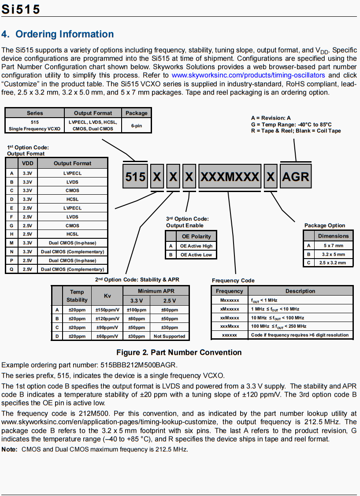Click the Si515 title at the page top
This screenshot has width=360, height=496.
21,9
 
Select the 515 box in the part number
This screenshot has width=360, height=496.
135,177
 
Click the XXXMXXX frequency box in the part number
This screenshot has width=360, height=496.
230,177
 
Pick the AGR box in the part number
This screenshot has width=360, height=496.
295,177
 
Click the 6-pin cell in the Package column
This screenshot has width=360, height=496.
137,125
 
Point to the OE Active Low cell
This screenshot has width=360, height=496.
196,255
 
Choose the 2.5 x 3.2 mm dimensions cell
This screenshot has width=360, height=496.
332,263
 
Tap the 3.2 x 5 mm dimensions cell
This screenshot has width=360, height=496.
332,254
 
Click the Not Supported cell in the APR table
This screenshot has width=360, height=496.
169,336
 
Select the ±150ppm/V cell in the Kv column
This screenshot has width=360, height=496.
107,310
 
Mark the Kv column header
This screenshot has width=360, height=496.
107,296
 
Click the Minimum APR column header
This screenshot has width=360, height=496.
156,291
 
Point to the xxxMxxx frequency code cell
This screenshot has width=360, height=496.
230,326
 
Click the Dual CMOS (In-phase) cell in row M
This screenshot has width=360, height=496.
72,243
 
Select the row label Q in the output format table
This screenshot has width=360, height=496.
11,269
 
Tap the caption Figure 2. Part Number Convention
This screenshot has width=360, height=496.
179,352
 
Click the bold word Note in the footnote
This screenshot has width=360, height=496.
9,449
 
